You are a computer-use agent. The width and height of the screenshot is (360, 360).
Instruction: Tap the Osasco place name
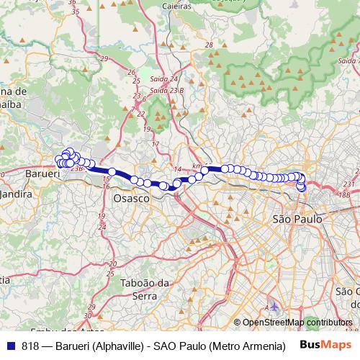click(131, 197)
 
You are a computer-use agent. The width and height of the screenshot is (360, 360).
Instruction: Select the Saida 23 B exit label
click(167, 90)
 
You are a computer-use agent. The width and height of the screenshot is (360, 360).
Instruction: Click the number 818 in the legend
click(30, 345)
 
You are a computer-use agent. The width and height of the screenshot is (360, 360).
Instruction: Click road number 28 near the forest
click(210, 45)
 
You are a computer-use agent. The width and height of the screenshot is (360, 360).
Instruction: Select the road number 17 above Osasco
click(155, 144)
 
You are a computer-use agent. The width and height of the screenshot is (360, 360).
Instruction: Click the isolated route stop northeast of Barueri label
click(112, 171)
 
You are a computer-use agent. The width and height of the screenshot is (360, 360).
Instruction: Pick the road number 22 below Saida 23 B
click(140, 114)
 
